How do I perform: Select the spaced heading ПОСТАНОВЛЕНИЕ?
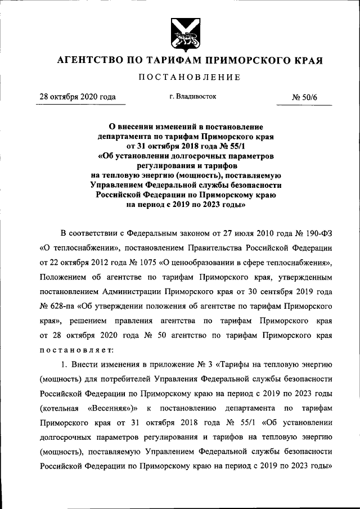(181, 77)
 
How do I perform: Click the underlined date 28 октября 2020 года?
(77, 97)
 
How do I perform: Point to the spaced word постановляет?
(76, 349)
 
